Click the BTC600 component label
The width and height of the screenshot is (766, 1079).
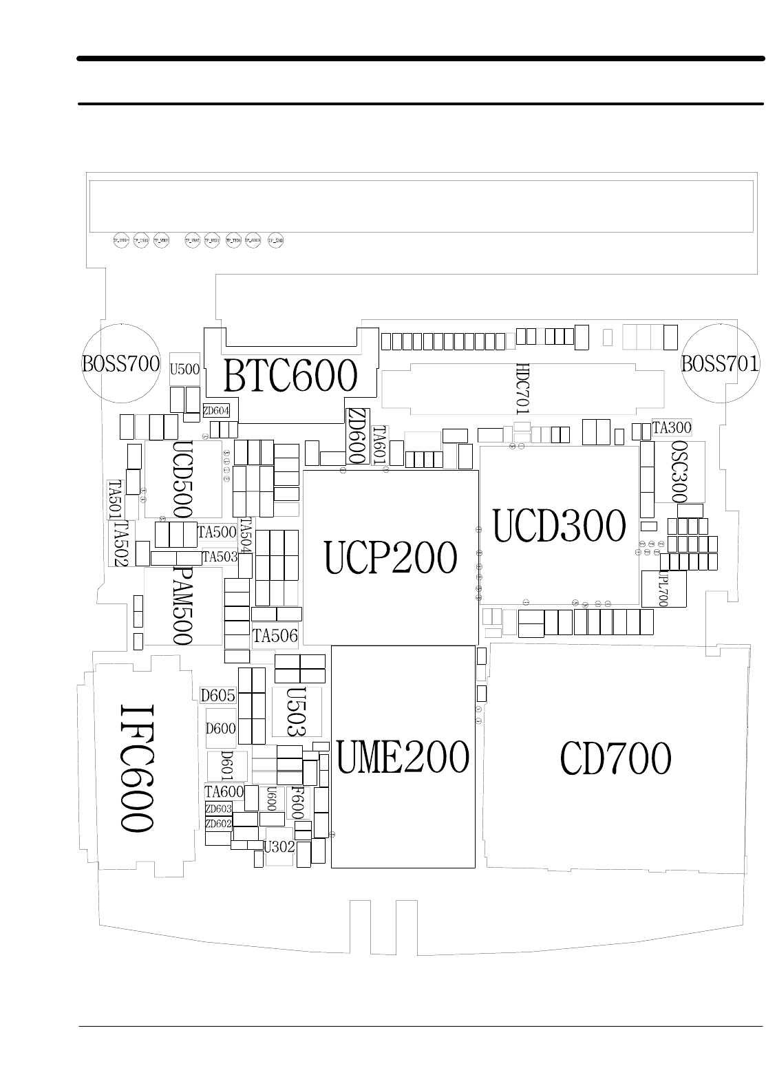291,376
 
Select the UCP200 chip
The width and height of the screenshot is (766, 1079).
390,557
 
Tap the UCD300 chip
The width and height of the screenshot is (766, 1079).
560,526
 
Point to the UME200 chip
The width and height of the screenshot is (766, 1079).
403,757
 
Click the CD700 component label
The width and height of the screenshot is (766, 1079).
615,760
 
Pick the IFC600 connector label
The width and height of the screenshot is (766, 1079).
136,767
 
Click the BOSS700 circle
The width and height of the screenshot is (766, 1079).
121,363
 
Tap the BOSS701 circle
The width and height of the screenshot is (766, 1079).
720,363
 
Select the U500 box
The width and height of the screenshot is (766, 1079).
184,369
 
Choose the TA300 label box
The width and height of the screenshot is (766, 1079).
671,427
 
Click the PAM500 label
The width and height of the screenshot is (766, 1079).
181,606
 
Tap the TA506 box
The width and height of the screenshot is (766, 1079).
275,636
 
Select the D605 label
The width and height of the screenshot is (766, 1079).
217,695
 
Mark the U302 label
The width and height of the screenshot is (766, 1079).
279,846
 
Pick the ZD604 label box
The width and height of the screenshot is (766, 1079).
216,411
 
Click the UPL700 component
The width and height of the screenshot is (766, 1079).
663,588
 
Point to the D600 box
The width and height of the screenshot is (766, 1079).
221,728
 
